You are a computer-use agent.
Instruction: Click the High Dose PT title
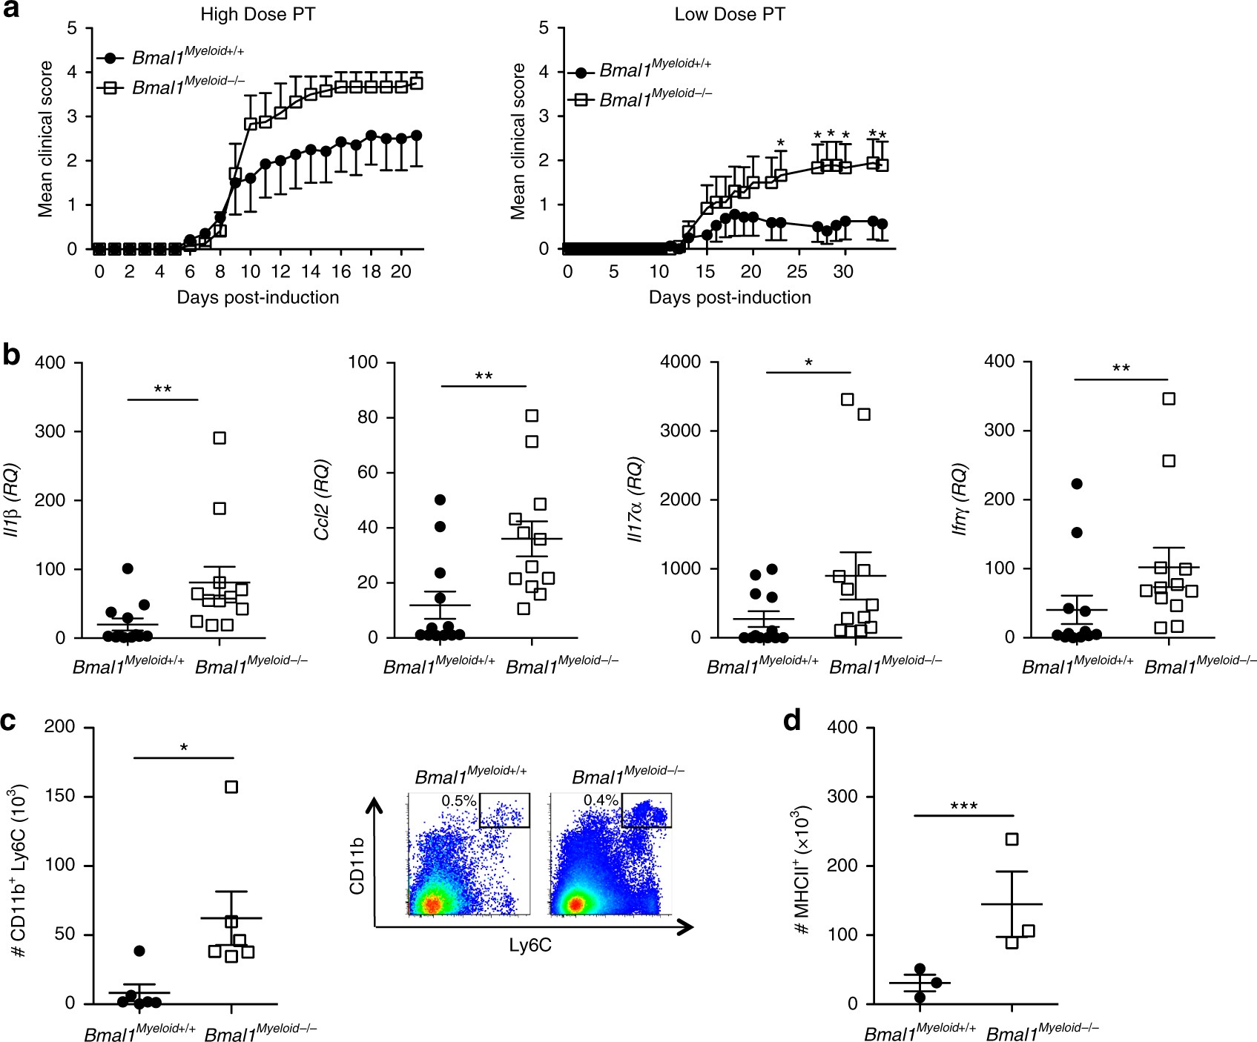click(257, 15)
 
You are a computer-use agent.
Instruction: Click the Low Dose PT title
click(729, 15)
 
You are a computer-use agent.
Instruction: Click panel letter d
click(793, 720)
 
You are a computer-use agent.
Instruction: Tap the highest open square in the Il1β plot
click(220, 438)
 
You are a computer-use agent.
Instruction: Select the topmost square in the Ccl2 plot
click(532, 416)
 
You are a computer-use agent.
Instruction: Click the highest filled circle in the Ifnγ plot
click(1077, 484)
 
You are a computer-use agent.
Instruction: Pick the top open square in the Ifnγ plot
click(1169, 399)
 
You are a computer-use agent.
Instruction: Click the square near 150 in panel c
click(231, 787)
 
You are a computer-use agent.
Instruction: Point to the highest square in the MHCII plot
click(1012, 839)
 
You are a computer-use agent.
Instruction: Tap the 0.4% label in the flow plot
click(601, 801)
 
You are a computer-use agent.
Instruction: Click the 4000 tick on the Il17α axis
click(681, 362)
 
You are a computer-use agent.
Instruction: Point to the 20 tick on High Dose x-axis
click(400, 272)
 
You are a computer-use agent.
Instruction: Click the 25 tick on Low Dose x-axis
click(797, 272)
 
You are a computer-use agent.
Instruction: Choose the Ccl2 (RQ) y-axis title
click(323, 500)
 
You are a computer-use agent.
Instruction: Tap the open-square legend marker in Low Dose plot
click(581, 99)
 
